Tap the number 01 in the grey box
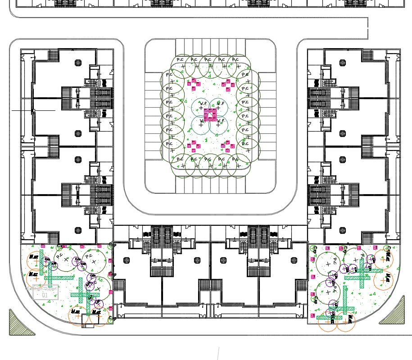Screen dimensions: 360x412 tap(45, 295)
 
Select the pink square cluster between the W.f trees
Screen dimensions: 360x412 tap(211, 115)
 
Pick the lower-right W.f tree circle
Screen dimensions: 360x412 tap(218, 125)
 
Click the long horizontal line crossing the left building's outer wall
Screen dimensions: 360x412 tap(33, 110)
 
